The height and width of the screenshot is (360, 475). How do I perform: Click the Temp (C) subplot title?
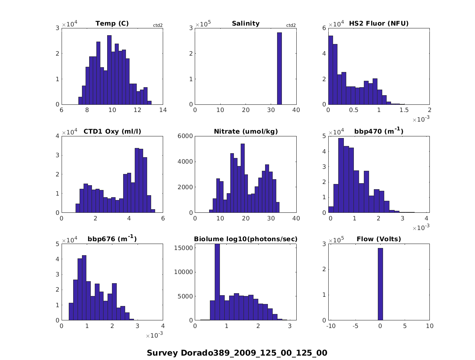(112, 24)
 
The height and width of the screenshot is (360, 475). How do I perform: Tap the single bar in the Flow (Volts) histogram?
(380, 284)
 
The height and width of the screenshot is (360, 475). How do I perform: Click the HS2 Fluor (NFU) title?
(379, 24)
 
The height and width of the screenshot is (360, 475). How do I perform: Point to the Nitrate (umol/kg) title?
(245, 131)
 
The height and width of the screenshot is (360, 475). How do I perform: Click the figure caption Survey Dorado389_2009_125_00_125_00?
(237, 353)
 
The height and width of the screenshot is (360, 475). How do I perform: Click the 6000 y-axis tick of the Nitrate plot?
(186, 136)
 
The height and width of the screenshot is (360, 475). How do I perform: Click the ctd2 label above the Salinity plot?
(291, 26)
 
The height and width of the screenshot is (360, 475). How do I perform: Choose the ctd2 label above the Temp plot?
(158, 26)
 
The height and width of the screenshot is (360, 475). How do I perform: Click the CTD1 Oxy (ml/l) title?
(112, 131)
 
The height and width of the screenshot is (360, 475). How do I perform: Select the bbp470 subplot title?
(379, 131)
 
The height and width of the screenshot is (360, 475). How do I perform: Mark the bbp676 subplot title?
(112, 239)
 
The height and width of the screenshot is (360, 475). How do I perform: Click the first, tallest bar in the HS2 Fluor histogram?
(331, 70)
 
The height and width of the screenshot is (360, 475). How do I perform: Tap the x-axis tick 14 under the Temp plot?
(163, 110)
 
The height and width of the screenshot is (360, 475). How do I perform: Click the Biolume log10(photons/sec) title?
(245, 239)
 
